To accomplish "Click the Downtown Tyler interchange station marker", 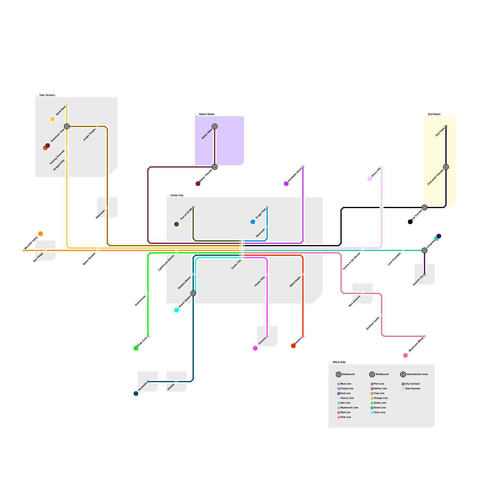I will click(67, 126).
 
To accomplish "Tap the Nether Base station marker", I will click(215, 126).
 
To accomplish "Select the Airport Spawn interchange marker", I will click(193, 293).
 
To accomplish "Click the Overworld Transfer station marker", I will click(446, 167).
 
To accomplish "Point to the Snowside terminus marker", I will click(148, 382).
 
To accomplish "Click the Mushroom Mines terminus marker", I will click(425, 336).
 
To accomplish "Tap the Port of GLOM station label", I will click(186, 214).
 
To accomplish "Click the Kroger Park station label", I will click(261, 214).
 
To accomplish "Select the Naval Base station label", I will click(61, 110).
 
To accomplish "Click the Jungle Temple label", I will click(89, 134).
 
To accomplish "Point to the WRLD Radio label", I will click(295, 282).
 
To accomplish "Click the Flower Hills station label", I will click(260, 281).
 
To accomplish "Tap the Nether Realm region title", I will click(207, 114).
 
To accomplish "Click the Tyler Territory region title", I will click(47, 95).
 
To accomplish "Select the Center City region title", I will click(177, 195).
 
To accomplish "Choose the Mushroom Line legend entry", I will click(349, 408).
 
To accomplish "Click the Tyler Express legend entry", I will click(412, 388).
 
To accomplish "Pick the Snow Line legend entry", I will click(380, 408).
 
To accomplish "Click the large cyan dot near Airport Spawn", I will click(176, 310).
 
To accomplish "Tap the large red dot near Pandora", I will click(293, 346).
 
